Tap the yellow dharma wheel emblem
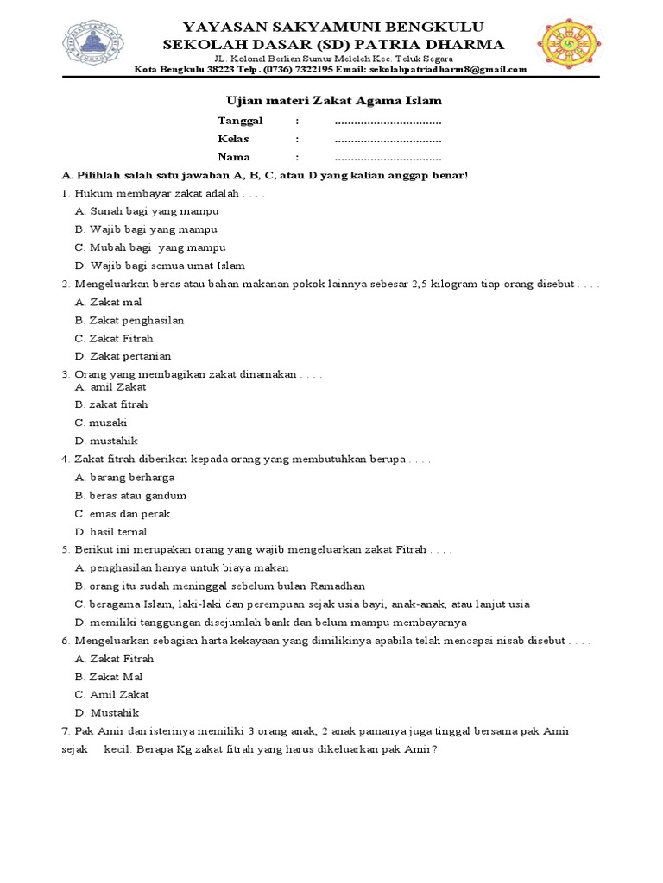point(569,43)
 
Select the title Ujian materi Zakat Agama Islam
point(333,101)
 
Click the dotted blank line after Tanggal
point(388,121)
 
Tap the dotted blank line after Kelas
point(388,139)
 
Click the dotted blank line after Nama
point(388,157)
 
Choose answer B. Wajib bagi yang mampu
point(146,229)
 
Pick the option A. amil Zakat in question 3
point(110,387)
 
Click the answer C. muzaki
point(101,423)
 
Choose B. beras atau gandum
point(130,496)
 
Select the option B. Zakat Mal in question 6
point(109,677)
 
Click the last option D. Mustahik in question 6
point(107,713)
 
